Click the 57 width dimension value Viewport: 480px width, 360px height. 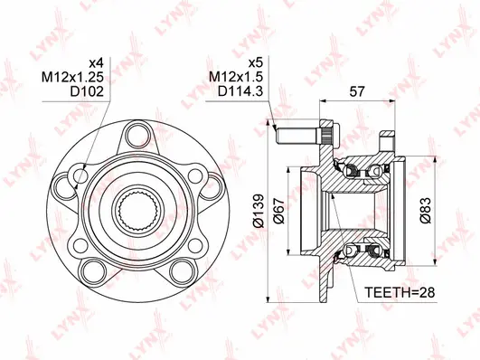coord(358,91)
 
